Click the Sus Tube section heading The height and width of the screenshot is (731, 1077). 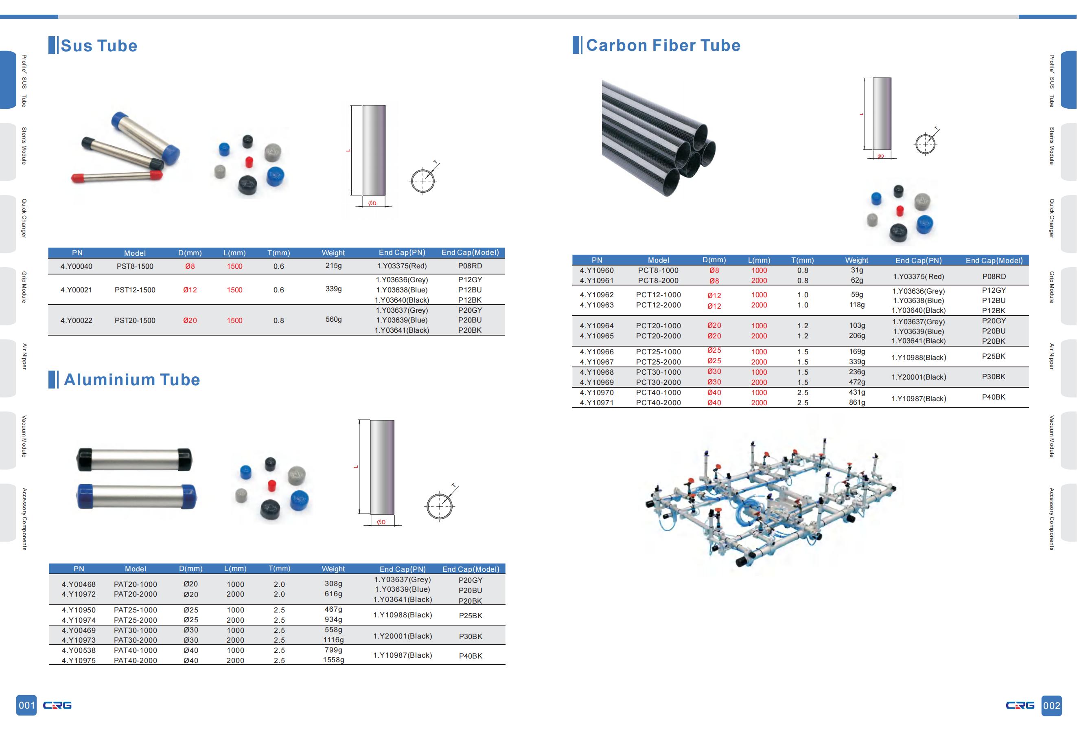pyautogui.click(x=99, y=46)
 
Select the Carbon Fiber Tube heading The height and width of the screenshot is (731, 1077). pyautogui.click(x=663, y=46)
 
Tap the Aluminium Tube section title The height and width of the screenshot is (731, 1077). pyautogui.click(x=131, y=380)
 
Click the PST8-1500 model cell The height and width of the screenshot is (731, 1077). pyautogui.click(x=135, y=266)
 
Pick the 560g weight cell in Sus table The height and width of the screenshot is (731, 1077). pyautogui.click(x=333, y=319)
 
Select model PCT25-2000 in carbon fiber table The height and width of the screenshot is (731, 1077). pyautogui.click(x=658, y=362)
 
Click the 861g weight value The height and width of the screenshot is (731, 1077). pyautogui.click(x=856, y=402)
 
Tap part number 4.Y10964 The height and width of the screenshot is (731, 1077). pyautogui.click(x=596, y=326)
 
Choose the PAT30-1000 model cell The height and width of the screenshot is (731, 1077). pyautogui.click(x=135, y=630)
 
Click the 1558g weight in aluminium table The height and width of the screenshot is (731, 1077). pyautogui.click(x=333, y=660)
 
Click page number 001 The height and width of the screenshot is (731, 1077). pyautogui.click(x=26, y=705)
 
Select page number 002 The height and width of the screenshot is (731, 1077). pyautogui.click(x=1051, y=705)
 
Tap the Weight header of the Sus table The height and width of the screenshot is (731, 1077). pyautogui.click(x=333, y=253)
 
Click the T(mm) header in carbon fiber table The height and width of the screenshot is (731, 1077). pyautogui.click(x=802, y=261)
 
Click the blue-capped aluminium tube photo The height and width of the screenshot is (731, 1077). pyautogui.click(x=136, y=496)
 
